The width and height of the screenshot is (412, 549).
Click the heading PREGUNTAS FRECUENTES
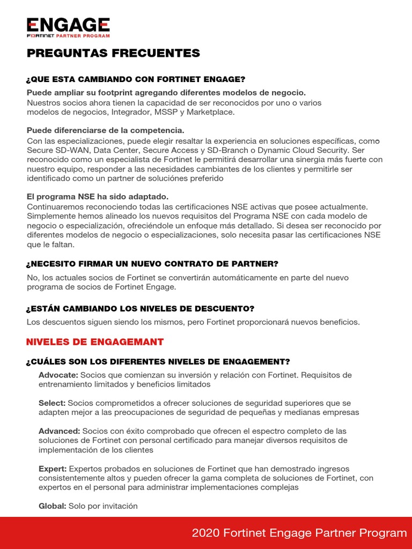pyautogui.click(x=113, y=53)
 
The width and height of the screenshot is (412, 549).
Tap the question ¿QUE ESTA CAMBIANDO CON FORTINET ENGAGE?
pyautogui.click(x=132, y=79)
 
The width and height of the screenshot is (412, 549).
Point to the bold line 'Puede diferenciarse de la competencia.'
pyautogui.click(x=105, y=130)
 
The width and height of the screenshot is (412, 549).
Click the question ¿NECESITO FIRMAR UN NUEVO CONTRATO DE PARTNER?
pyautogui.click(x=152, y=264)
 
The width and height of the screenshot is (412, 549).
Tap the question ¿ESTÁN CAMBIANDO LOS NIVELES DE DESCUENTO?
pyautogui.click(x=140, y=309)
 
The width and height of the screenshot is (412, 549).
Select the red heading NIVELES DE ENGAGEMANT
pyautogui.click(x=95, y=342)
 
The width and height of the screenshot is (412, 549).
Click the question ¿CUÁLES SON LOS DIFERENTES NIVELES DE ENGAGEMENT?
pyautogui.click(x=158, y=361)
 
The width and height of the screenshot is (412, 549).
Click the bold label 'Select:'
pyautogui.click(x=52, y=403)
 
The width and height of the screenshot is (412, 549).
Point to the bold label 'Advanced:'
pyautogui.click(x=59, y=431)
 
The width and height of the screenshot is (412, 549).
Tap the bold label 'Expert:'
pyautogui.click(x=53, y=469)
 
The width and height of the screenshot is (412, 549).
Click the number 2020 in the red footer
pyautogui.click(x=205, y=533)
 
